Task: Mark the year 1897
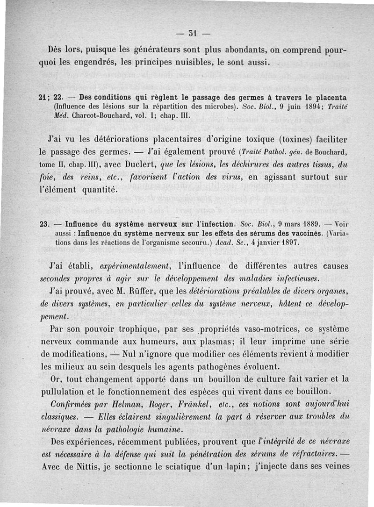pos(283,243)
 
